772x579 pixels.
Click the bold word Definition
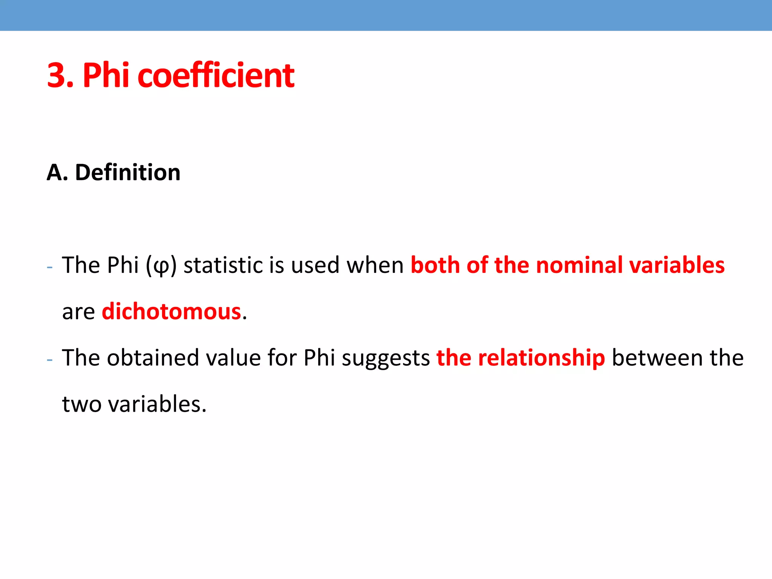(x=128, y=173)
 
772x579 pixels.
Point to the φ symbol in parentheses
(x=161, y=266)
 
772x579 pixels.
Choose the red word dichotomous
(x=172, y=312)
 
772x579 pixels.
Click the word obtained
(x=153, y=358)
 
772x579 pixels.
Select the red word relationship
(x=541, y=358)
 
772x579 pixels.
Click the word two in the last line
(x=81, y=404)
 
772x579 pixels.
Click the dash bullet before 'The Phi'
(x=50, y=267)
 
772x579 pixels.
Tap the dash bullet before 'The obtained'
(x=50, y=360)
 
